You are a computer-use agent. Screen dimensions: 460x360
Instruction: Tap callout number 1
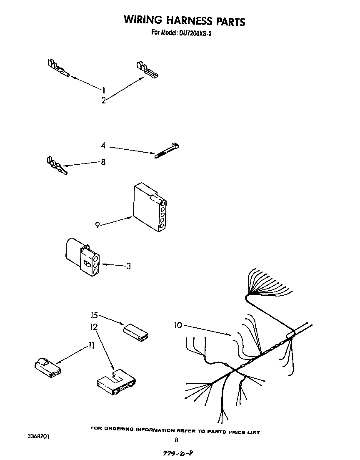[x=104, y=89]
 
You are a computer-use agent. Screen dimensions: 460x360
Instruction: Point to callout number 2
[x=103, y=100]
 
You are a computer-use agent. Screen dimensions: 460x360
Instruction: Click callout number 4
[x=103, y=146]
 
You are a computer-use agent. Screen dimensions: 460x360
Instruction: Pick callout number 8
[x=103, y=162]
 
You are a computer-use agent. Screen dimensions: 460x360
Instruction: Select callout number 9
[x=97, y=225]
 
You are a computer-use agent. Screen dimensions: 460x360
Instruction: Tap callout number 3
[x=128, y=266]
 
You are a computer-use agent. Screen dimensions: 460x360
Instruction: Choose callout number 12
[x=94, y=327]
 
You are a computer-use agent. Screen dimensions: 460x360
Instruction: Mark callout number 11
[x=91, y=345]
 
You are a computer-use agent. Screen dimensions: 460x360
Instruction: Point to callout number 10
[x=178, y=325]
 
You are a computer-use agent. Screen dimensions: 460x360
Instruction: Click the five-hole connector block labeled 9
[x=149, y=208]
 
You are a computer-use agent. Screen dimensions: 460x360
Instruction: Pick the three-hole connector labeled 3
[x=82, y=257]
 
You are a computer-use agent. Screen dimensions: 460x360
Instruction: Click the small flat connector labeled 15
[x=137, y=332]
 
